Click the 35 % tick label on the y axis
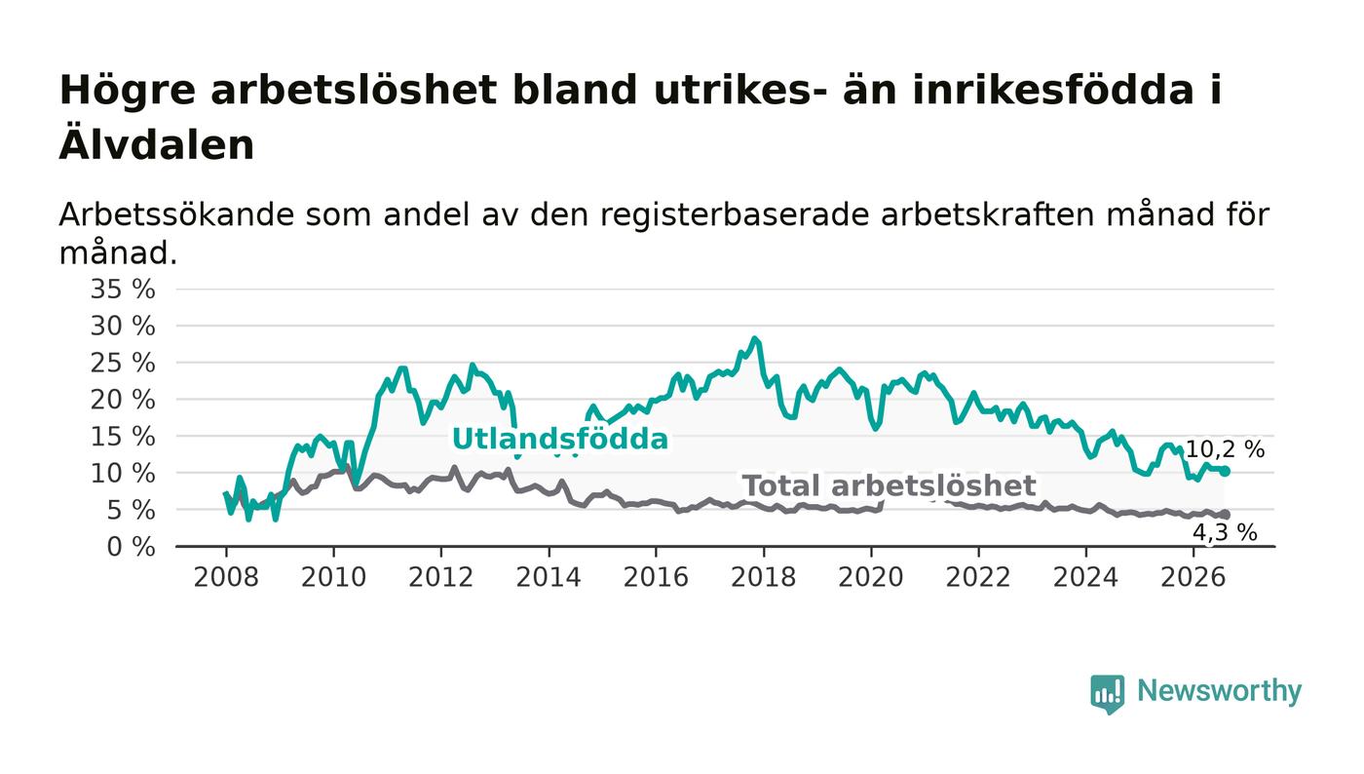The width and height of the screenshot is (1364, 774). click(123, 289)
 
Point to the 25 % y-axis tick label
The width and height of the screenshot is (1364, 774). click(123, 364)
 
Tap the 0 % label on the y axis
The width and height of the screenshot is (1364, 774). click(131, 547)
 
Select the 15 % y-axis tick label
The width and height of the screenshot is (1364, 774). click(123, 437)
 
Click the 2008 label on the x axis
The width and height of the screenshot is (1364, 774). click(226, 577)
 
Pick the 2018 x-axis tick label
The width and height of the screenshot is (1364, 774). click(763, 577)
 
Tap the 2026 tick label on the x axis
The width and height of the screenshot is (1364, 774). click(1193, 577)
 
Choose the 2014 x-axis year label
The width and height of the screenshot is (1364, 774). click(548, 577)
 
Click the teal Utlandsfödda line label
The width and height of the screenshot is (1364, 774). click(560, 439)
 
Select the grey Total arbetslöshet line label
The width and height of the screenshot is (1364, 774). click(889, 485)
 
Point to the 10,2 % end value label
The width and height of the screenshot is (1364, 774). click(1226, 449)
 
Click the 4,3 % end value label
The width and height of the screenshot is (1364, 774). click(1225, 532)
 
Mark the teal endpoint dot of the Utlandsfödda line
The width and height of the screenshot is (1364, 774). click(1226, 471)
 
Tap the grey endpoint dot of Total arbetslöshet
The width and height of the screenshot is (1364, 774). click(1226, 515)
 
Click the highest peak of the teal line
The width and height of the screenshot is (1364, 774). click(755, 339)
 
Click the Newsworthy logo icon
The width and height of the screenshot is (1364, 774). click(1107, 694)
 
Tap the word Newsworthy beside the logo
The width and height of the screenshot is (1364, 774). click(1219, 692)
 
